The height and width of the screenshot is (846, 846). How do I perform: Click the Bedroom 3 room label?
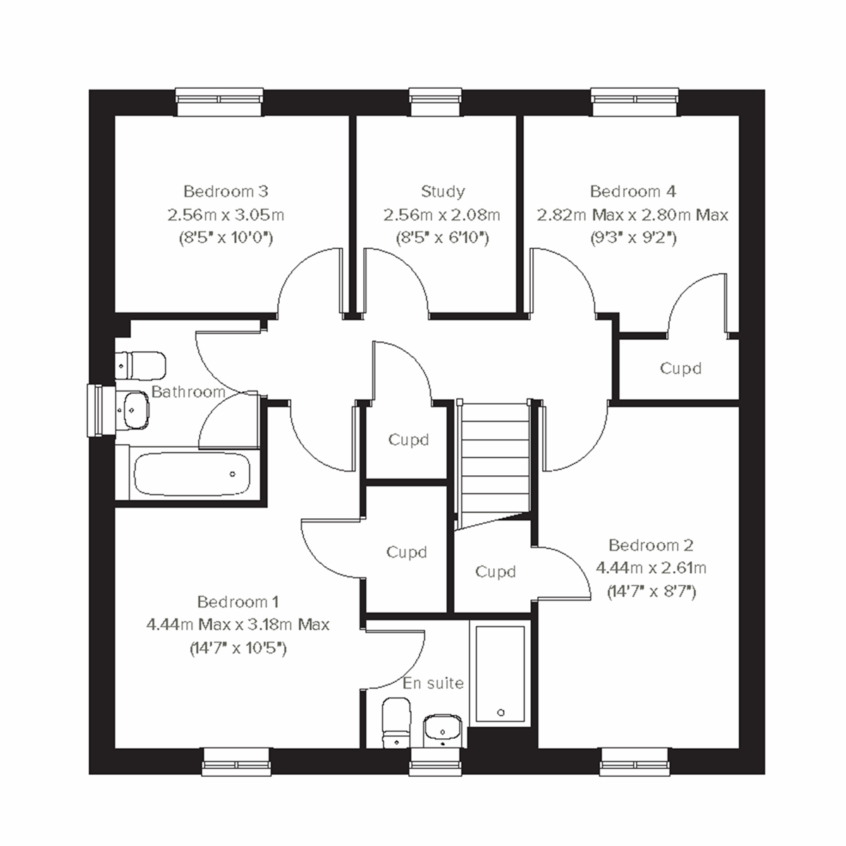coord(226,191)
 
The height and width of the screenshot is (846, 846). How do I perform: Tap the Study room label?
coord(443,191)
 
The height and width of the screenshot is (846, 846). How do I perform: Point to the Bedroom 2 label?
coord(651,545)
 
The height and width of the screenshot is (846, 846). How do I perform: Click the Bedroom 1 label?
coord(238,601)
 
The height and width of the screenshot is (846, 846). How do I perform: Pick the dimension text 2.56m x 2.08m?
coord(442,214)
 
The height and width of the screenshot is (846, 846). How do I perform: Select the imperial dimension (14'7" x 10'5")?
coord(238,648)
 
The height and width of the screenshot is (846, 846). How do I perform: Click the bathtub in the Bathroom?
coord(192,474)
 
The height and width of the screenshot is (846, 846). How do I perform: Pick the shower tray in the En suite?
coord(500,673)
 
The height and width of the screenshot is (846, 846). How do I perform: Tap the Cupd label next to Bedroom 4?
coord(680,368)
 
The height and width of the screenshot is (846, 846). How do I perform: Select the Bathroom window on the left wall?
coord(99,411)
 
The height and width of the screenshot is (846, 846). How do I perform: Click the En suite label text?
coord(433,682)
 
